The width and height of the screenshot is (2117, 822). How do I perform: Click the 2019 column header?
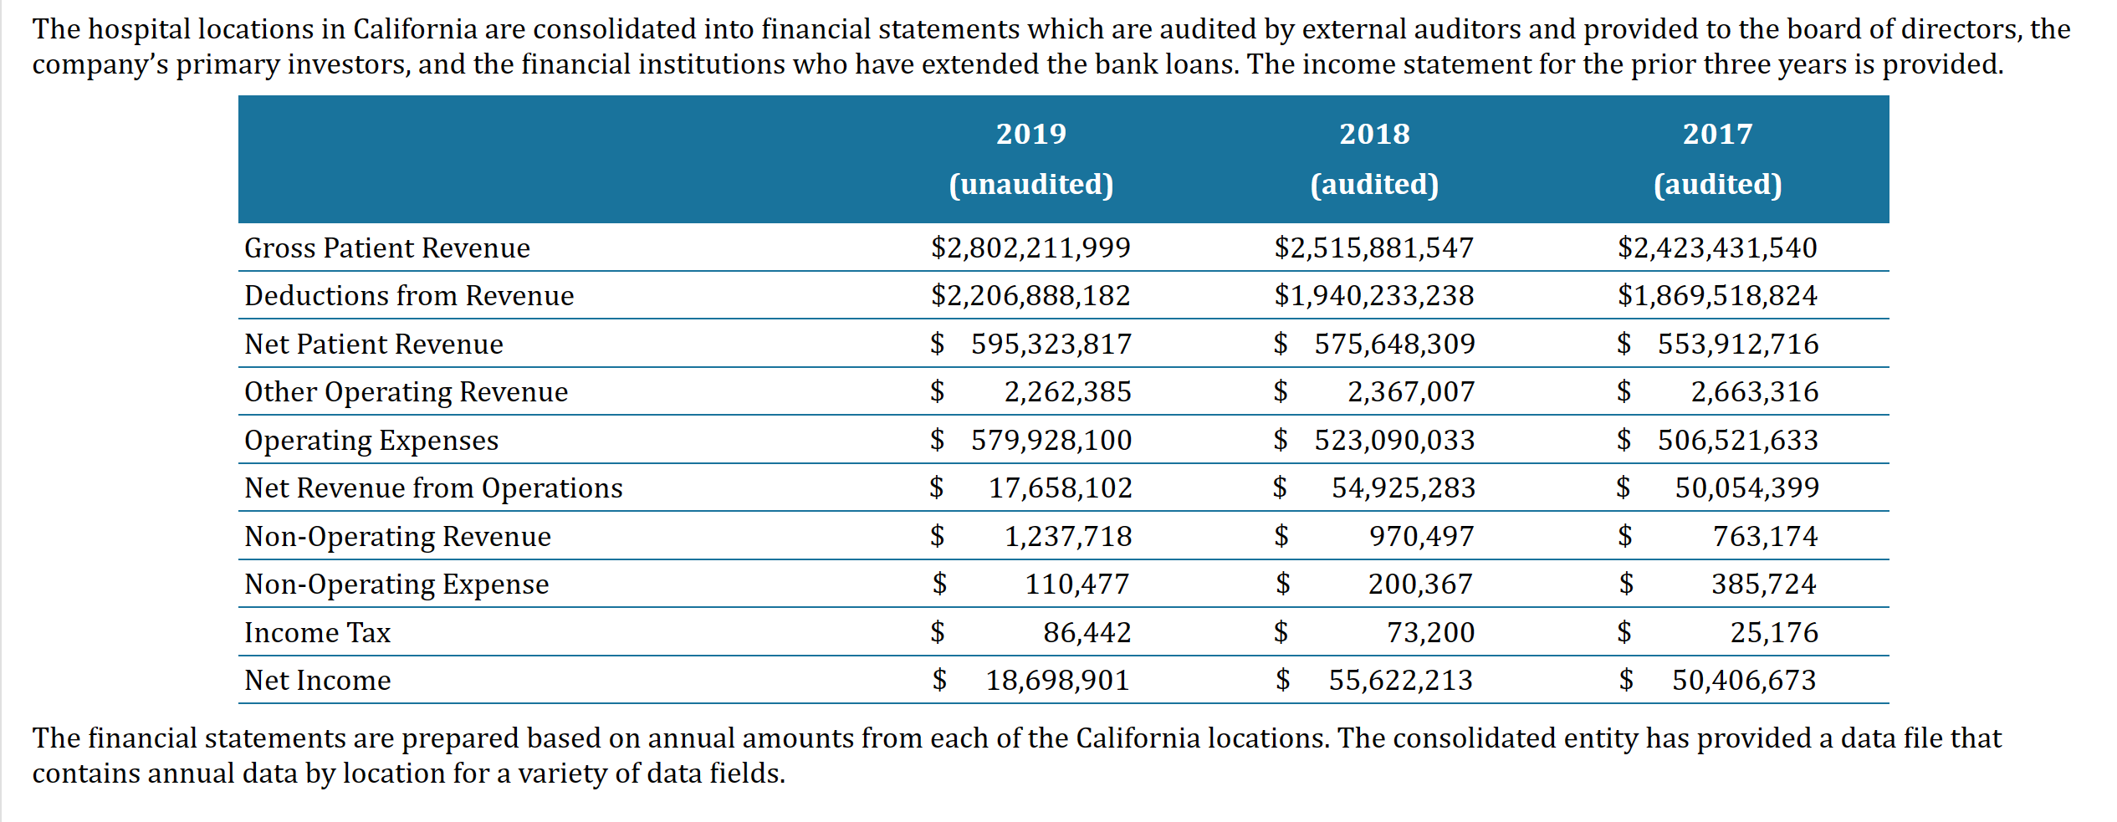click(1030, 134)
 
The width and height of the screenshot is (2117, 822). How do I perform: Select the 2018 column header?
click(1374, 134)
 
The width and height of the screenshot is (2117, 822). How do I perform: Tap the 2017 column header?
click(1717, 134)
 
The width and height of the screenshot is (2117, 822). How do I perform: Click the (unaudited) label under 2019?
click(1030, 184)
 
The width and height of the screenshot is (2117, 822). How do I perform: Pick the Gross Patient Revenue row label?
click(386, 248)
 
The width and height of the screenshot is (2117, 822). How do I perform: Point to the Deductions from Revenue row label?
click(408, 296)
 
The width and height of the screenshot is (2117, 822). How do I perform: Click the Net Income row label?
click(317, 681)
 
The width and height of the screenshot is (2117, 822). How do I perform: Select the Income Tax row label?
click(317, 633)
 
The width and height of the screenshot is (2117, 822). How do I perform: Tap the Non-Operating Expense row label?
click(396, 585)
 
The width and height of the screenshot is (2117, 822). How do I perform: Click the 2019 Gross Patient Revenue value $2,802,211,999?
click(1030, 248)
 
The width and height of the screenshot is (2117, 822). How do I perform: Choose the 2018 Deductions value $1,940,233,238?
click(1374, 296)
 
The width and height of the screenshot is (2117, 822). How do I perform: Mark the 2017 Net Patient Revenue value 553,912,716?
click(1737, 345)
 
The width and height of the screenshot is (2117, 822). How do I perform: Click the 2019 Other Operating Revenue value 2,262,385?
click(1067, 392)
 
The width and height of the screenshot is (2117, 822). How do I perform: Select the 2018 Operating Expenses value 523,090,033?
click(1394, 441)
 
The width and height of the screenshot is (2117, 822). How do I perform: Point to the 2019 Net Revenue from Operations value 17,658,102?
click(1060, 488)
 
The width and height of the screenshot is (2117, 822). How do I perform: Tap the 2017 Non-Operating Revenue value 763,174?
click(1765, 537)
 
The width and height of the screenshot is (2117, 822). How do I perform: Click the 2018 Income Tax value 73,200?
click(1430, 633)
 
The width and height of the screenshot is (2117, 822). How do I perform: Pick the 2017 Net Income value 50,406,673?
click(1744, 681)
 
